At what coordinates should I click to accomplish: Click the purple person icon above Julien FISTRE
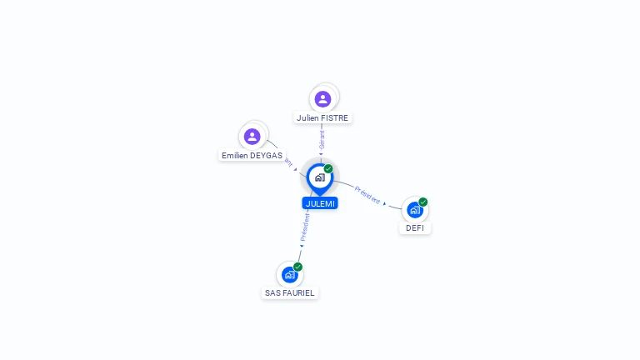pos(322,99)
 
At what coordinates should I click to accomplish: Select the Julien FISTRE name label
pos(322,118)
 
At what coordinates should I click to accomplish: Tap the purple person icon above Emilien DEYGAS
pos(252,136)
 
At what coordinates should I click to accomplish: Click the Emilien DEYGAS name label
pos(252,156)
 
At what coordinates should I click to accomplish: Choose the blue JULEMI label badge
pos(320,203)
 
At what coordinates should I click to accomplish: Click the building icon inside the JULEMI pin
pos(319,177)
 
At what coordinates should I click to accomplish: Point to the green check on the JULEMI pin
pos(328,169)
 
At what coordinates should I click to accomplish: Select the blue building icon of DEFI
pos(414,210)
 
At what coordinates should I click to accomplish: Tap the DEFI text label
pos(415,228)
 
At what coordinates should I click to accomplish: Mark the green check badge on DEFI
pos(423,202)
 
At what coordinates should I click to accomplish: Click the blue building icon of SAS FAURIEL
pos(289,275)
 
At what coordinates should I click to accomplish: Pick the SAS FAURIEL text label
pos(290,293)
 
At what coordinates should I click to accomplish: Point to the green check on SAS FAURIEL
pos(297,267)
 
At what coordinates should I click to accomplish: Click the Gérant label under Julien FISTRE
pos(322,139)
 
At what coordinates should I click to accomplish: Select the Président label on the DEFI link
pos(367,194)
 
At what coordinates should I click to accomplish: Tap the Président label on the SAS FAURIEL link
pos(305,227)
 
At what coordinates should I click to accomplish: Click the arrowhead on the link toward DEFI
pos(385,203)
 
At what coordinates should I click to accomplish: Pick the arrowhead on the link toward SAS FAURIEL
pos(302,246)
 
